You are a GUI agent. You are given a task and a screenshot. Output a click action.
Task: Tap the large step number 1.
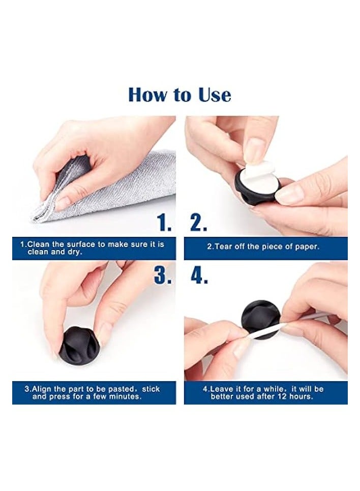[164, 223]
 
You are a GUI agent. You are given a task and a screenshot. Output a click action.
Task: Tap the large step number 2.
[198, 223]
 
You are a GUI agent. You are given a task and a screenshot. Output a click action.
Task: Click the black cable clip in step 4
[259, 316]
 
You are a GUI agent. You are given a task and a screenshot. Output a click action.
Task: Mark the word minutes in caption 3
[126, 396]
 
